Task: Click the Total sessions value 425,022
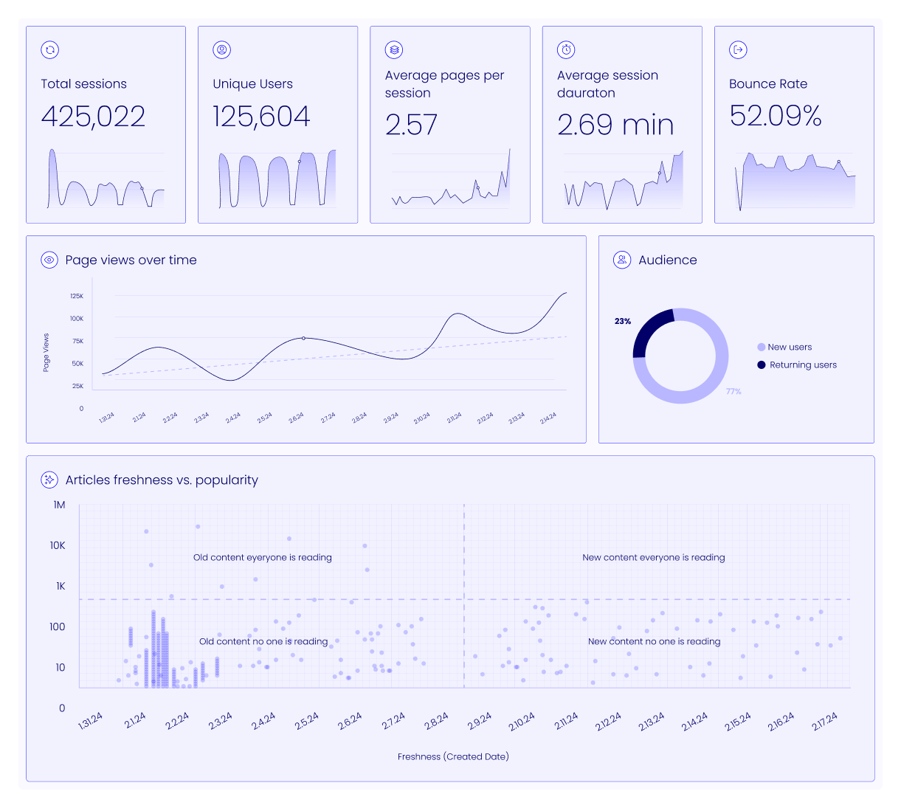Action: coord(93,117)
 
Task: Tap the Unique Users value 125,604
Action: coord(261,117)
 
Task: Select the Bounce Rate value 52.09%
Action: coord(775,116)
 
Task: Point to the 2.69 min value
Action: coord(615,125)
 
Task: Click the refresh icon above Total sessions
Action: coord(49,50)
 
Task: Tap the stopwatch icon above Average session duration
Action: coord(566,50)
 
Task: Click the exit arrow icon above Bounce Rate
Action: coord(738,50)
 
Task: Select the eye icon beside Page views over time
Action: coord(49,260)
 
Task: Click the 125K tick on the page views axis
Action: coord(77,296)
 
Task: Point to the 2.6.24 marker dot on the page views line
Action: coord(303,338)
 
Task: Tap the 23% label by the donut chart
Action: coord(623,321)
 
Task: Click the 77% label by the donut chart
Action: coord(733,391)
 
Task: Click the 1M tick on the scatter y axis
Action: coord(59,505)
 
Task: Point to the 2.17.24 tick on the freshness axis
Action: coord(824,722)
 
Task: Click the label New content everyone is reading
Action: coord(653,557)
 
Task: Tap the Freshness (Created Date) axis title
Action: coord(453,756)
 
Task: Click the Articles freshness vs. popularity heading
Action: coord(162,480)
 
